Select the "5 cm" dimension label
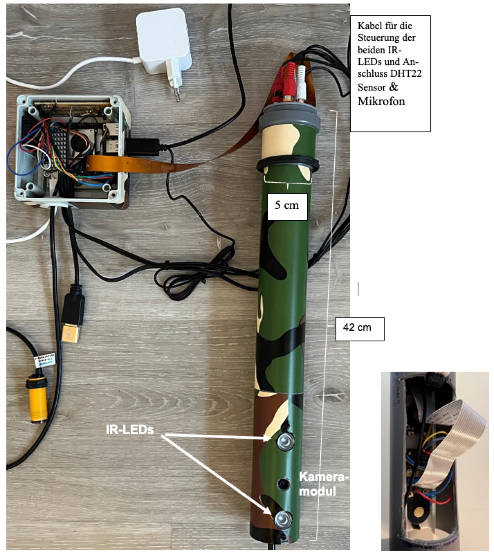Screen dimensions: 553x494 click(x=287, y=206)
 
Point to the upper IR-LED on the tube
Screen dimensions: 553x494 click(x=285, y=441)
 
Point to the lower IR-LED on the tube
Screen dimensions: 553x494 click(x=282, y=518)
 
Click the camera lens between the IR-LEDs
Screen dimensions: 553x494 click(x=284, y=484)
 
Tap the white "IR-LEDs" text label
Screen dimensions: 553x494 click(x=130, y=429)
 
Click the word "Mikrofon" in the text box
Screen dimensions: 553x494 click(x=381, y=101)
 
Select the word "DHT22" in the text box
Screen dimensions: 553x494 click(x=406, y=74)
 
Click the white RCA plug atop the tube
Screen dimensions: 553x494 click(x=301, y=82)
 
